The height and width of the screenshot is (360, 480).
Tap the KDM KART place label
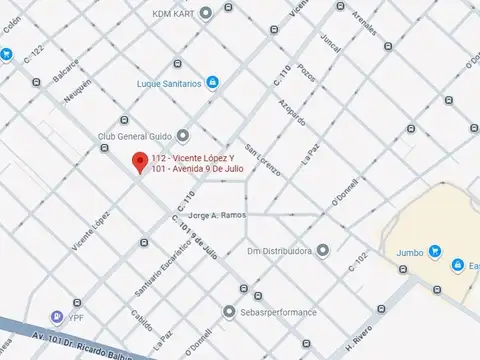[x=173, y=13]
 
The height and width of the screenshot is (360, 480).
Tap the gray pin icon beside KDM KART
[x=205, y=13]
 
